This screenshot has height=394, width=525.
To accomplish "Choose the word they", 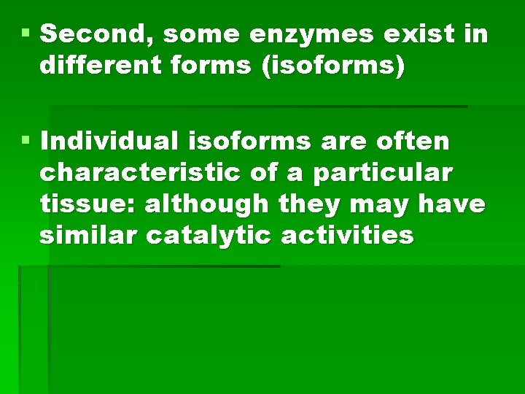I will pyautogui.click(x=308, y=204).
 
